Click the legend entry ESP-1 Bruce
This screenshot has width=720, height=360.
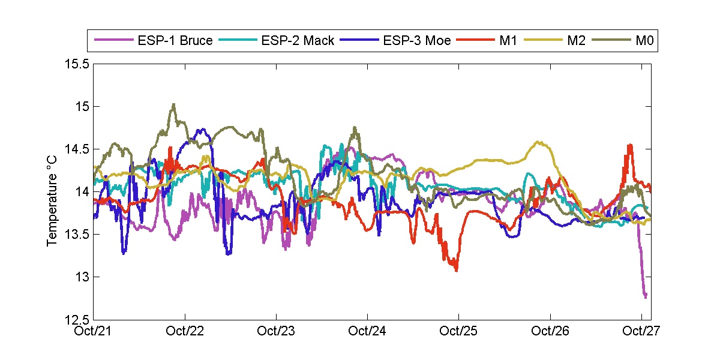174,41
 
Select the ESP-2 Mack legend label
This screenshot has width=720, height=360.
298,41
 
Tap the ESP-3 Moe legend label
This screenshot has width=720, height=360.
417,41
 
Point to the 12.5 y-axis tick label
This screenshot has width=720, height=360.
77,319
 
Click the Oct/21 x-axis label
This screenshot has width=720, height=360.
95,331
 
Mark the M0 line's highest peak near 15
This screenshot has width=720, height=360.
173,104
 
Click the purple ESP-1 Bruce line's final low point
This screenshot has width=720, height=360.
645,296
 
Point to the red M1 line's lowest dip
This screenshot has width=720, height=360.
457,271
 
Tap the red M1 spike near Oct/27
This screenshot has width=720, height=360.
629,145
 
